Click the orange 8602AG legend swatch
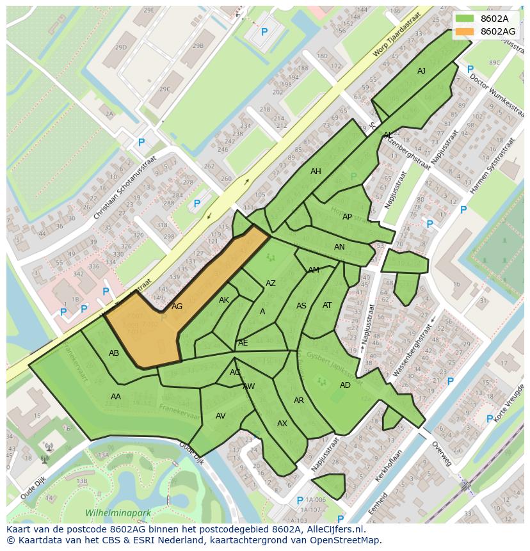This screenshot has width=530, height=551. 465,31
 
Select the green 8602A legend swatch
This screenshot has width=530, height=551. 465,19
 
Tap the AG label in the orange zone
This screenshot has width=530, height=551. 177,307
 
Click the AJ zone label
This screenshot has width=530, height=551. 421,71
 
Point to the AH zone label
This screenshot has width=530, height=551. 316,172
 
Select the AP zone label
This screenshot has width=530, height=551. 347,217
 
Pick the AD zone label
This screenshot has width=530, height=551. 345,385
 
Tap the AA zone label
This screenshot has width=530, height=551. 116,397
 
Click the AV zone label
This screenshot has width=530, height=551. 221,416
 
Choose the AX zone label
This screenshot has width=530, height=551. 282,424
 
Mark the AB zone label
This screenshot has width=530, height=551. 114,353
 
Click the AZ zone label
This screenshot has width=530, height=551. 271,283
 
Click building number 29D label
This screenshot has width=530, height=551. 120,47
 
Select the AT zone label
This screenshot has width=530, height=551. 327,305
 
